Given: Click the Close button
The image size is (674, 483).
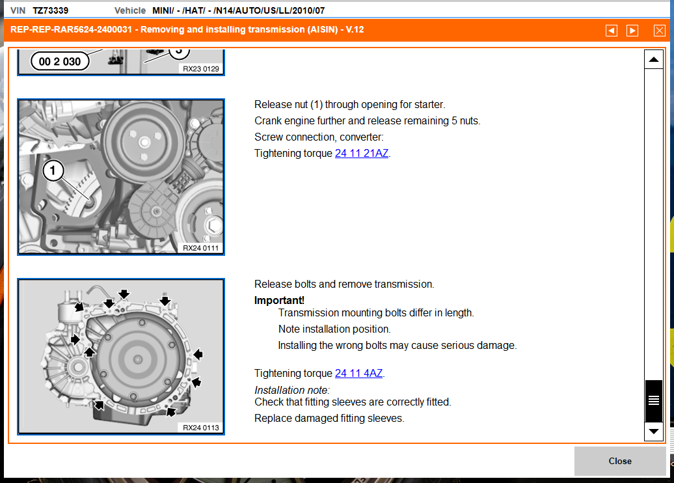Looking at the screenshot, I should (x=619, y=461).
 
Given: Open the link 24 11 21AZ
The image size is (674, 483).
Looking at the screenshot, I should (x=362, y=154).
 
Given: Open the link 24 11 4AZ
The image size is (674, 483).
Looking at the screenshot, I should (x=358, y=374).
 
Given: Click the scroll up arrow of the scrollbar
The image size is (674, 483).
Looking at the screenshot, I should (x=653, y=60).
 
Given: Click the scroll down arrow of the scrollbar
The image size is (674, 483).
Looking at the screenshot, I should (x=653, y=431).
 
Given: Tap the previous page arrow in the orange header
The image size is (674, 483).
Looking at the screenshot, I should (x=611, y=31).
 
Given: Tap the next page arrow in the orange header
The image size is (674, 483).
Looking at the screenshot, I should (x=632, y=31).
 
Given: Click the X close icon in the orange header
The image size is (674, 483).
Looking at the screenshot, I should (x=660, y=31).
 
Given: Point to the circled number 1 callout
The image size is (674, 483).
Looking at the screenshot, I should (x=54, y=171).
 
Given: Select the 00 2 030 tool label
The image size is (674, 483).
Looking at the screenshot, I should (x=60, y=62).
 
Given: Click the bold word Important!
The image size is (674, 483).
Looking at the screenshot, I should (x=279, y=300).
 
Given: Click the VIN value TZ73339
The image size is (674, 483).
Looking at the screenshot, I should (x=51, y=11).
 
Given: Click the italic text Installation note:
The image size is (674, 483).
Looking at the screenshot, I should (x=292, y=391).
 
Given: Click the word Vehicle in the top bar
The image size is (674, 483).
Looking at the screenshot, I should (x=130, y=11).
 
